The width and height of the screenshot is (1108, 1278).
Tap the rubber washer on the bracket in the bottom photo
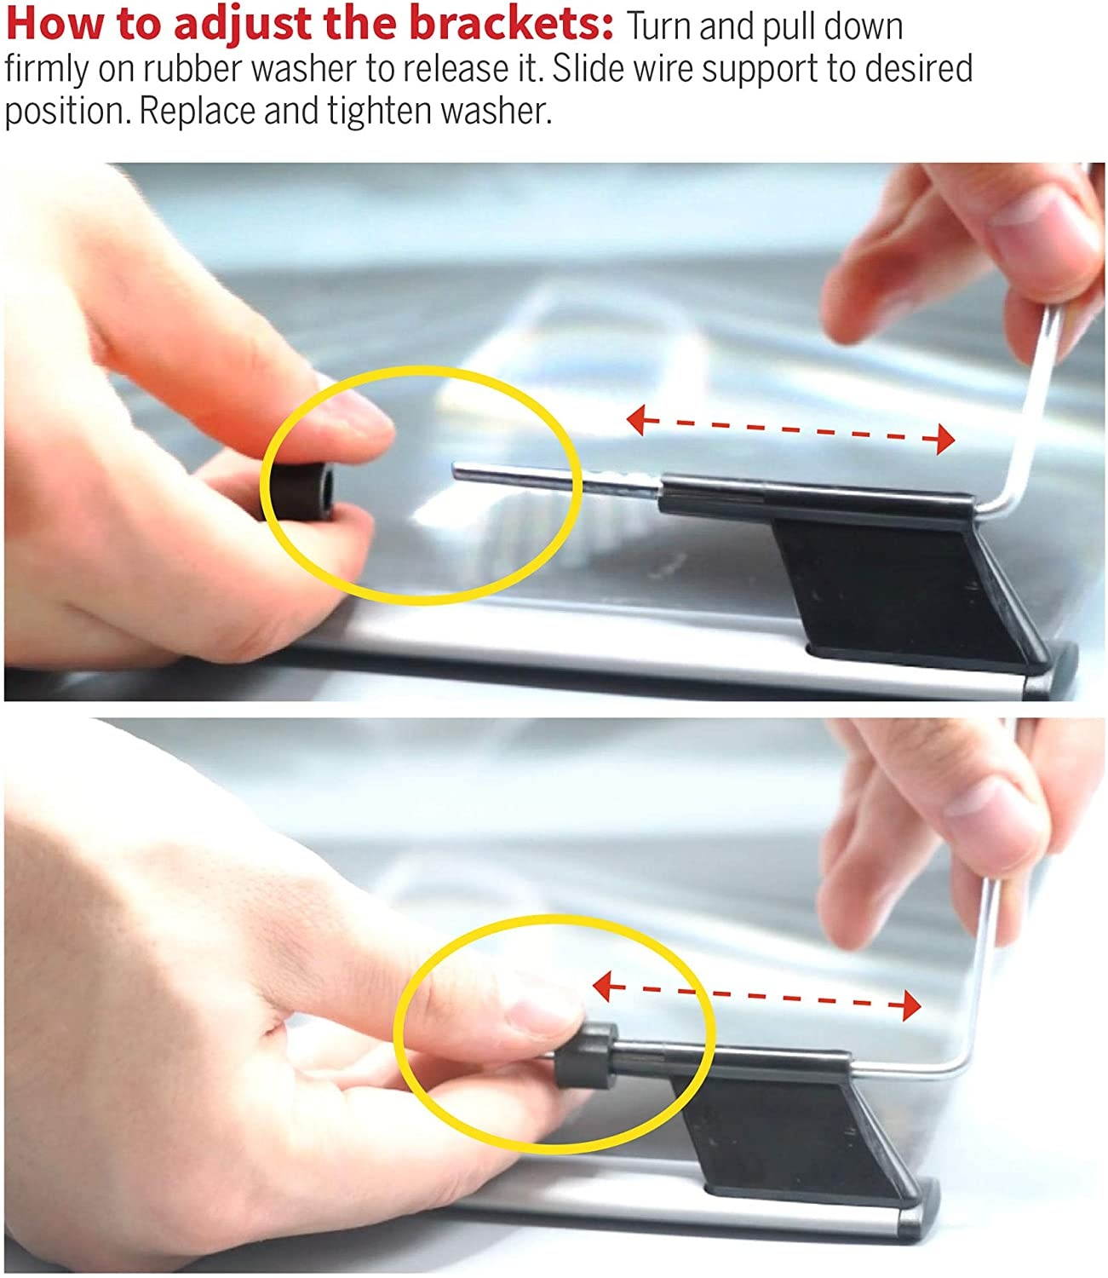pos(586,1056)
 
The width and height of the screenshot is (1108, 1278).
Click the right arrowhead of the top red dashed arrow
pos(945,439)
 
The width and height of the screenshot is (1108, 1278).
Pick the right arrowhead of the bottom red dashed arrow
pos(911,1005)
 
